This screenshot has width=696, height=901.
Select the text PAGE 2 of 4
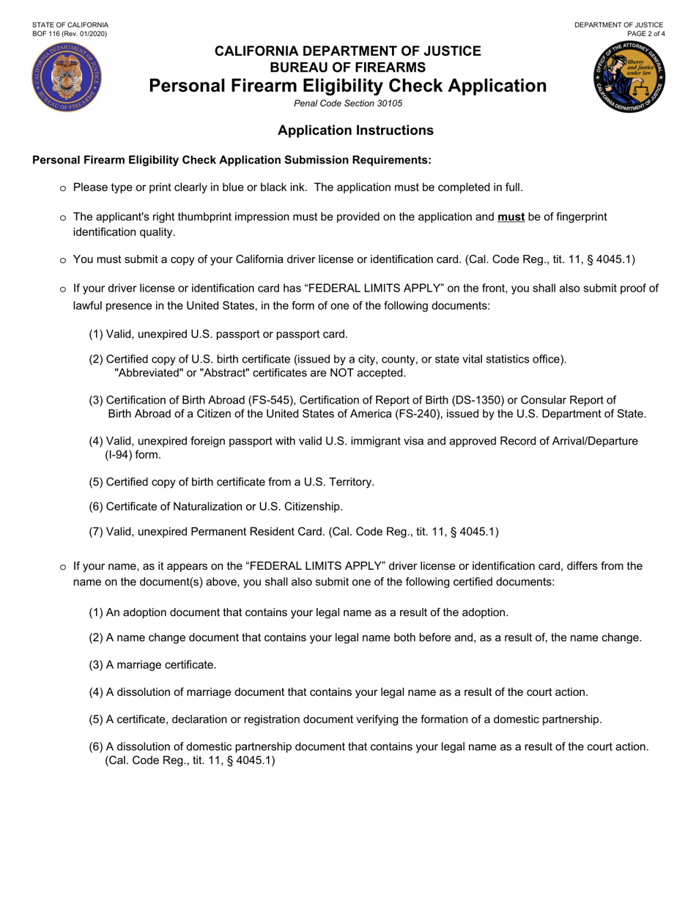(645, 34)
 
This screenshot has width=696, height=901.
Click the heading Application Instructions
(355, 130)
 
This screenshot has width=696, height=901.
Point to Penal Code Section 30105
(348, 103)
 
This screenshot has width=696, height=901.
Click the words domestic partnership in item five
(550, 719)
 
